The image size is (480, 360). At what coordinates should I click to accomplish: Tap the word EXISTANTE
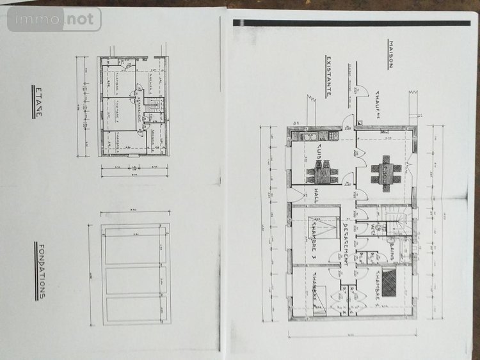click(328, 76)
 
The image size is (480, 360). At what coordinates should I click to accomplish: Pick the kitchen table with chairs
click(322, 171)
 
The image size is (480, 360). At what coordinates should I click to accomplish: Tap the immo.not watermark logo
click(54, 20)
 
